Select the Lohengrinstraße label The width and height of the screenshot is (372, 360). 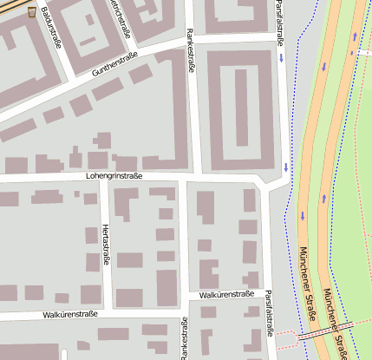(x=114, y=175)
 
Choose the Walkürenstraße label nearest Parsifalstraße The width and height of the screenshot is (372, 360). (x=226, y=294)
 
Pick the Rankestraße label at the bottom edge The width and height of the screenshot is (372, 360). (x=184, y=339)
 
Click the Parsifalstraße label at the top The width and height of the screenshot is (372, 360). (x=279, y=22)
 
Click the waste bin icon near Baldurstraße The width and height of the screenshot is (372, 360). (x=32, y=12)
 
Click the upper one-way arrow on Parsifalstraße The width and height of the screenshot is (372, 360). (x=283, y=58)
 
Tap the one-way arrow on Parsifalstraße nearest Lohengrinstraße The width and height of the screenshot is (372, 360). (x=285, y=167)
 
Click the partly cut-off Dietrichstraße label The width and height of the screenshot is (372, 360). (x=118, y=12)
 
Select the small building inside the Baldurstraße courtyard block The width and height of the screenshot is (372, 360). (x=88, y=40)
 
